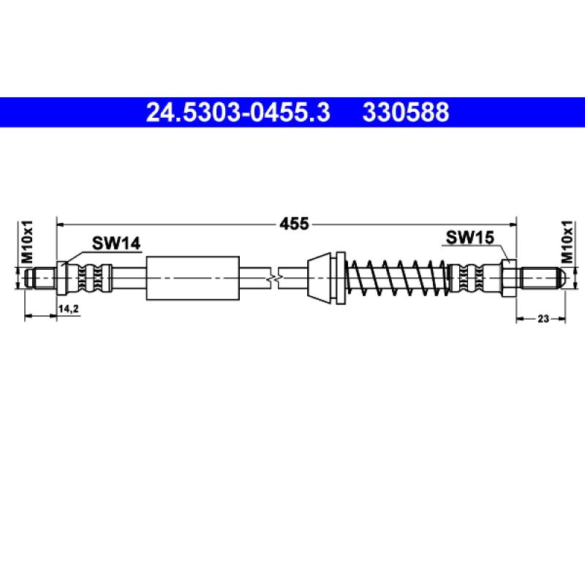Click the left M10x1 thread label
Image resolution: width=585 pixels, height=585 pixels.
click(x=27, y=241)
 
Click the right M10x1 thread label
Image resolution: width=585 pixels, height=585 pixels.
click(x=566, y=241)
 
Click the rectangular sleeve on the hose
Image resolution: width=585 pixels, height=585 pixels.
click(x=193, y=278)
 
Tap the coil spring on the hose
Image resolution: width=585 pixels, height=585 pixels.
click(x=396, y=278)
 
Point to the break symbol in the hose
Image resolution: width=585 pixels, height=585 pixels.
click(x=272, y=278)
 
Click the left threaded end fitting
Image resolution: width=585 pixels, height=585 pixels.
click(x=39, y=278)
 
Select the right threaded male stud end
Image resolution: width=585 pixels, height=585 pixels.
click(x=541, y=278)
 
